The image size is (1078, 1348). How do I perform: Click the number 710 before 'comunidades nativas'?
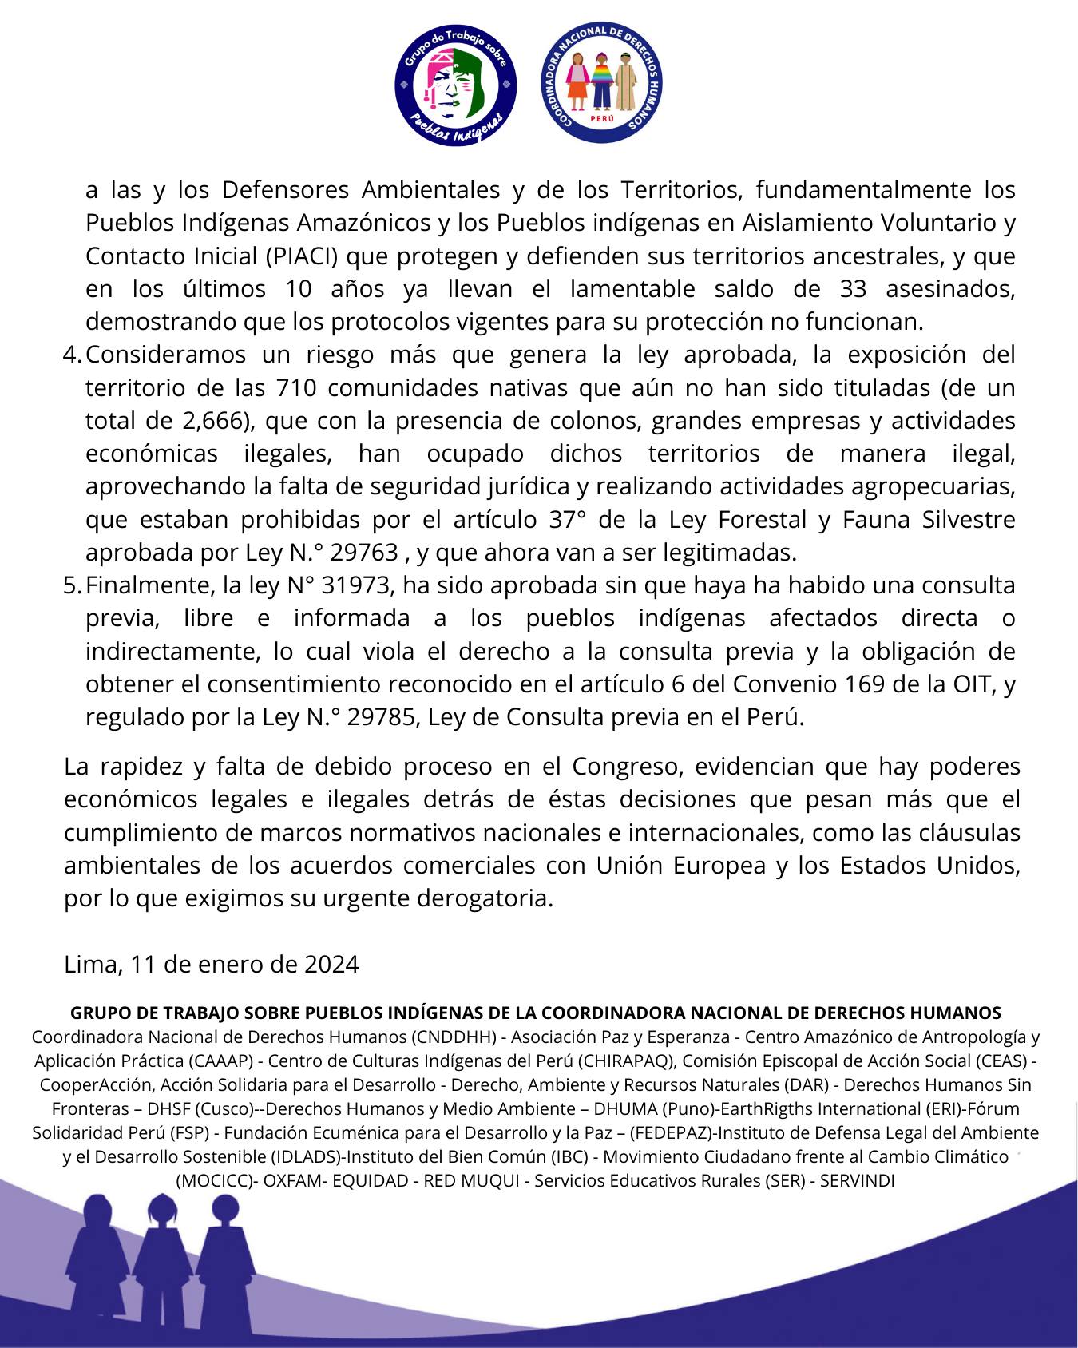(299, 387)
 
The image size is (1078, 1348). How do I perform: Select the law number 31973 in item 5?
(356, 585)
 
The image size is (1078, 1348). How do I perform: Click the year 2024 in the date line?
(331, 964)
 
